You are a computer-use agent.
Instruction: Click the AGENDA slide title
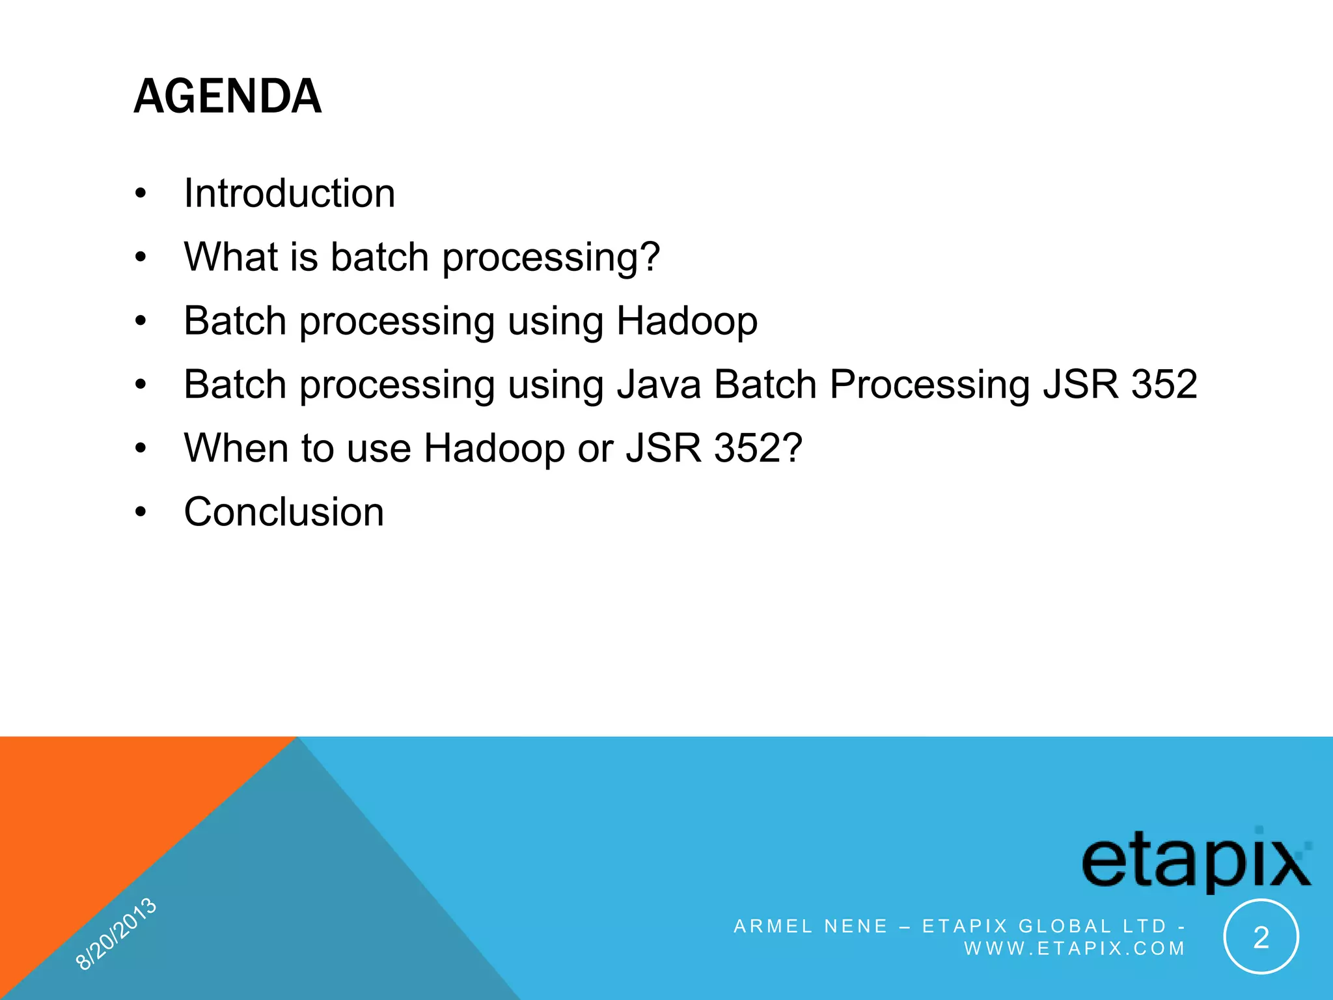pos(227,96)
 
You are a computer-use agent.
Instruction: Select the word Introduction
pos(289,193)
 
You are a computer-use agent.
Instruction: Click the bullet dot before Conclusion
pos(141,512)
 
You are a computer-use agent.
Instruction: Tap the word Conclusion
pos(284,512)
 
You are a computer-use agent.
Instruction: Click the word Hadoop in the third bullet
pos(687,320)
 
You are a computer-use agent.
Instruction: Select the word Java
pos(659,384)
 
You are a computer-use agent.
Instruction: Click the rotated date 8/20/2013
pos(116,934)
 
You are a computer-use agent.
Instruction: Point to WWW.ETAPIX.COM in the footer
pos(1074,949)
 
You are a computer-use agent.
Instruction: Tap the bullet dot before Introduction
pos(141,194)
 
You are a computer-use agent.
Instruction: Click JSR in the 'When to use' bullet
pos(663,448)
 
